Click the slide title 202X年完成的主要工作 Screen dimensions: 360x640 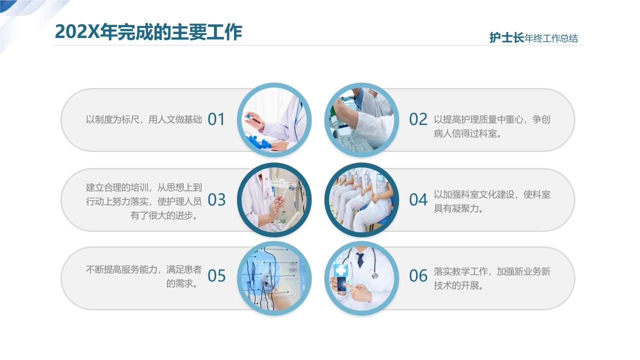point(148,31)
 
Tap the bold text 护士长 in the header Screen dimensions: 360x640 point(506,38)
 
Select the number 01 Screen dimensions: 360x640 point(216,119)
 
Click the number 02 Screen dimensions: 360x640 point(418,119)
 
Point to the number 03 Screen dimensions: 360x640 point(216,200)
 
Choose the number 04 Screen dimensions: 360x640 point(418,200)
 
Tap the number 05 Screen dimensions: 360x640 point(216,276)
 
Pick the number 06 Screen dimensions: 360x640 point(418,276)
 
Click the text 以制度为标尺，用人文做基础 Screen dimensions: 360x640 point(143,119)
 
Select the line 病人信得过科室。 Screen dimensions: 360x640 point(467,133)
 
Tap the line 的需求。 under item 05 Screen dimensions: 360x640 point(183,284)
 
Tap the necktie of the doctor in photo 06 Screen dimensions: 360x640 point(360,259)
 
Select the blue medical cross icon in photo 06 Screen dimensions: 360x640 point(341,270)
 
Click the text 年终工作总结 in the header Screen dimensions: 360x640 point(551,38)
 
